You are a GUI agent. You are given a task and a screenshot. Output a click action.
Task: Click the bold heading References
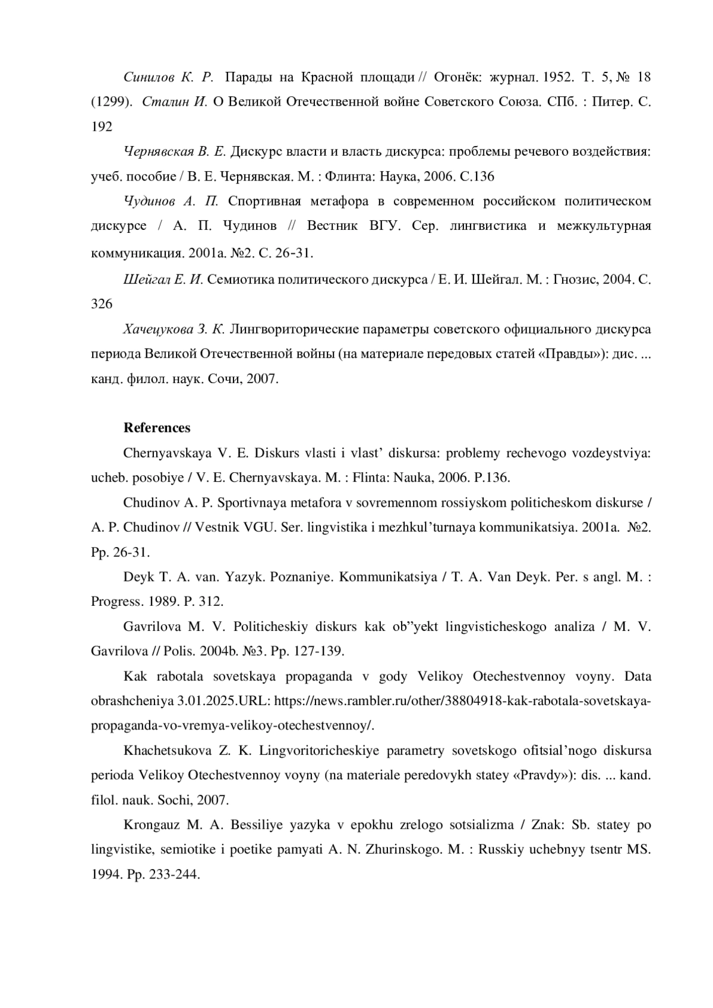[157, 428]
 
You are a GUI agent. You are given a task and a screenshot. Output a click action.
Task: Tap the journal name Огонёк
[456, 77]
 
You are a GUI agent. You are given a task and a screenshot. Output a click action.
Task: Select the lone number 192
[102, 127]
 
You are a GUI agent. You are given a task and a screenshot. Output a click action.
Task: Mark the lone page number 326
[102, 304]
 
